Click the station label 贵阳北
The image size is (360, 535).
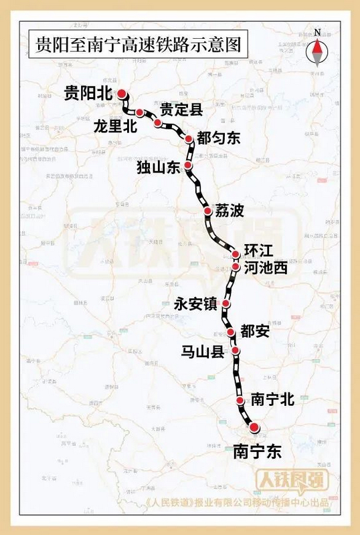coord(88,94)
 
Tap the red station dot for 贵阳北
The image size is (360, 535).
coord(122,94)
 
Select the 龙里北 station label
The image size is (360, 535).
coord(115,127)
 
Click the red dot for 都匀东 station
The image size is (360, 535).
coord(189,139)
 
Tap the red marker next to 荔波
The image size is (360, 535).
coord(207,211)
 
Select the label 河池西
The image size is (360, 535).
coord(266,268)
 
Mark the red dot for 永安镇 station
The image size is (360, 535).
coord(226,304)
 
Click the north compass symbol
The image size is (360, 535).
coord(317,46)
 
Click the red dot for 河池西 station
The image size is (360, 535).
coord(236,267)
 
